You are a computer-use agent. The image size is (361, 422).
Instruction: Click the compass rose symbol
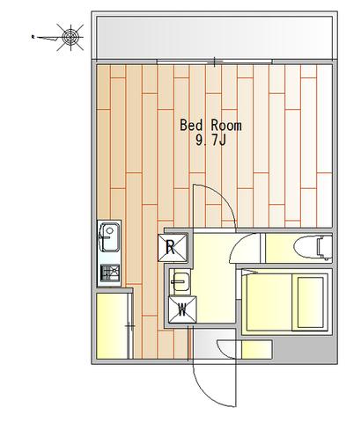[x=70, y=37]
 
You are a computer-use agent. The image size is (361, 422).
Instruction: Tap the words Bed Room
[x=210, y=126]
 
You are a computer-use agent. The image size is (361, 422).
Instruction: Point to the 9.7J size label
[x=210, y=142]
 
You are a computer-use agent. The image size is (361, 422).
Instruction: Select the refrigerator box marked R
[x=173, y=248]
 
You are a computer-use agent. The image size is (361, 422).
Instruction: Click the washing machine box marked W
[x=182, y=309]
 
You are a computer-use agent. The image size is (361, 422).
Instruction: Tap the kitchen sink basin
[x=109, y=237]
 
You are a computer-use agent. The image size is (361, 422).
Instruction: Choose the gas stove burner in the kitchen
[x=110, y=273]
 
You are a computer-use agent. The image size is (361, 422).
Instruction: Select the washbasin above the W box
[x=180, y=281]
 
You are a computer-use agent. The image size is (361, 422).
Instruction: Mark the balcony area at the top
[x=215, y=37]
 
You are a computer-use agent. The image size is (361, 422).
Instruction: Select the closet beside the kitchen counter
[x=112, y=325]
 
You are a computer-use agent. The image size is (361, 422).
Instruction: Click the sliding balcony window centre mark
[x=215, y=62]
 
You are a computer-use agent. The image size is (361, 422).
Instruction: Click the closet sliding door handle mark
[x=130, y=326]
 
